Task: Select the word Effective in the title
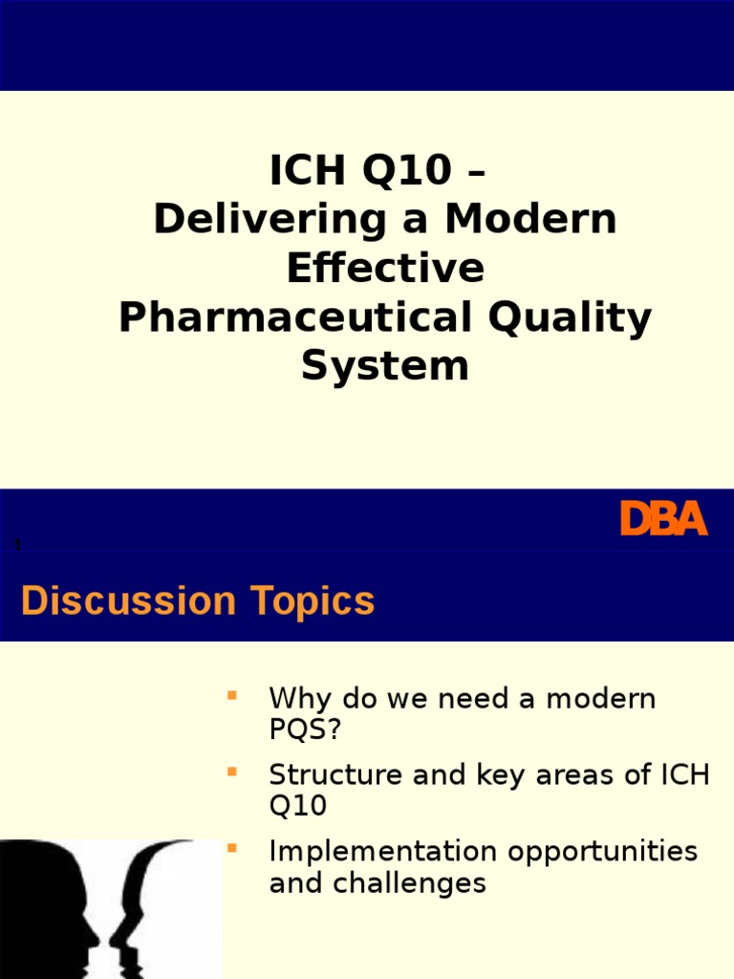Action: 385,269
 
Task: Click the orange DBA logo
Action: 663,519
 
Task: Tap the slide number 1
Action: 17,545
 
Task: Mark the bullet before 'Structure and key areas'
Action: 230,770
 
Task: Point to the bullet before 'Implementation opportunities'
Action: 230,846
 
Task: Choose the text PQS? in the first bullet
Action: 305,730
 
